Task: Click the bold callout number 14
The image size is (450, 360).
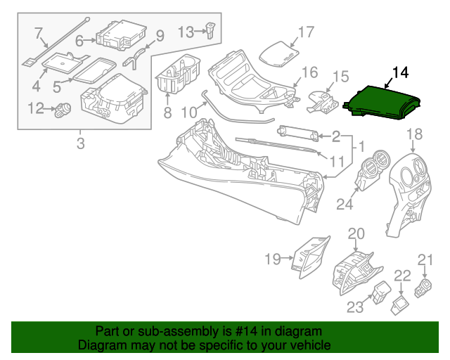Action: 399,72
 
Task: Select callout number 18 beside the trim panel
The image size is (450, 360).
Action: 414,134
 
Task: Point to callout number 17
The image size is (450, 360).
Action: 306,32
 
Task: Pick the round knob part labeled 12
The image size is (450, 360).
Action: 65,108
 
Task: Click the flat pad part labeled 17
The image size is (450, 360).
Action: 276,53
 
